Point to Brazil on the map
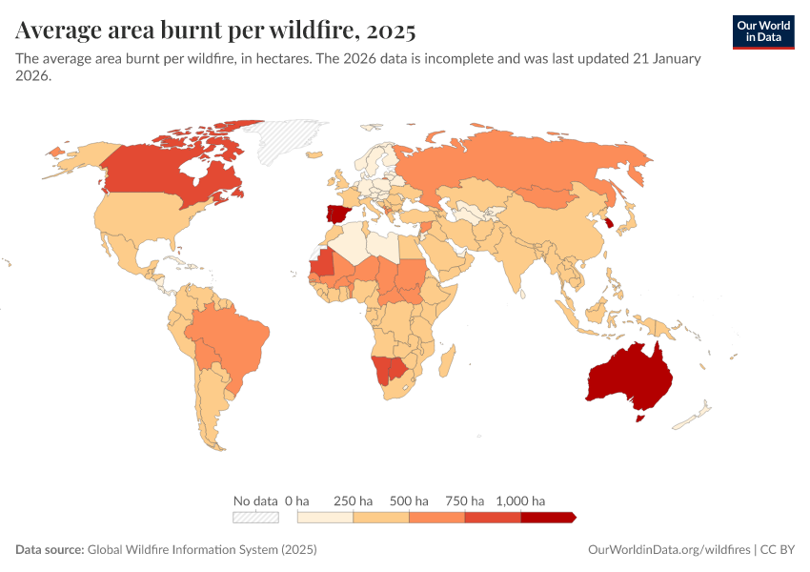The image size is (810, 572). (x=229, y=338)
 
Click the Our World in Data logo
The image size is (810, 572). (x=763, y=31)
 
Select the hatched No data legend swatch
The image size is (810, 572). (x=255, y=517)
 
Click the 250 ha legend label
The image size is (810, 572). (x=354, y=500)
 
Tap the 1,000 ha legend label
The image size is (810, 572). (x=521, y=500)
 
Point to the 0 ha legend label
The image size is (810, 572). (x=297, y=500)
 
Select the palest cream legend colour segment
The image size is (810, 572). (x=325, y=517)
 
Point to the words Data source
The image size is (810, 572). (x=49, y=550)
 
